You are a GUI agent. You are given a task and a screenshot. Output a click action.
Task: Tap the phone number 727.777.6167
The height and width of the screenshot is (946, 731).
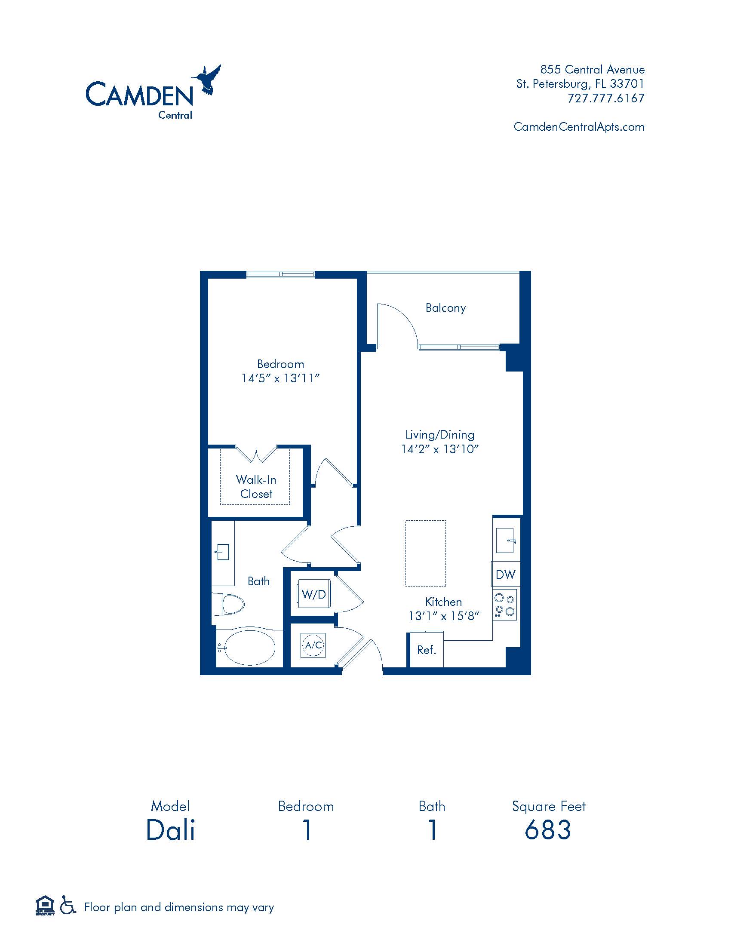point(606,98)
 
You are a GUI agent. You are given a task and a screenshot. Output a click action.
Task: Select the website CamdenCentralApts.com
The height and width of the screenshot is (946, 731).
point(579,127)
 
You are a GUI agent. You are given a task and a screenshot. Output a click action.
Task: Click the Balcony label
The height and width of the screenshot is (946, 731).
point(445,308)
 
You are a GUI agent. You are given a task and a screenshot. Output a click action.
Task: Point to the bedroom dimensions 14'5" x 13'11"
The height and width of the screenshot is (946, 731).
point(280,378)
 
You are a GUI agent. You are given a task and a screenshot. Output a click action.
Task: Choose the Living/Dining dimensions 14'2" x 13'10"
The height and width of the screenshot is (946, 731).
point(439,449)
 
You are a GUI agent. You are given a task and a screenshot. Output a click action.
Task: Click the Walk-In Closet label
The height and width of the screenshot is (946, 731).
point(256,486)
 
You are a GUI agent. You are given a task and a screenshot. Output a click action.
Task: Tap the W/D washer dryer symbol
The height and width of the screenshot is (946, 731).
point(314,594)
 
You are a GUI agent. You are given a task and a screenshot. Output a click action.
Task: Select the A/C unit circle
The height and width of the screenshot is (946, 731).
point(313,645)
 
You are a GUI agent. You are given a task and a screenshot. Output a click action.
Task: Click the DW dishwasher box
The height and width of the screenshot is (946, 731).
point(505,574)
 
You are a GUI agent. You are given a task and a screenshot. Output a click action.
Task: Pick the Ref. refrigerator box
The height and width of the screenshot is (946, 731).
point(427,650)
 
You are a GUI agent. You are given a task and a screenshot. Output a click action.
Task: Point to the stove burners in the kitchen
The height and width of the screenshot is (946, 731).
point(505,604)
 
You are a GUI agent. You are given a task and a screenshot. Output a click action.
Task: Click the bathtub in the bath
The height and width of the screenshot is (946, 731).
point(250,648)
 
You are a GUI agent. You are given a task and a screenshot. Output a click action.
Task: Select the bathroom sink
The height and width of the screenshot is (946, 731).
point(223,552)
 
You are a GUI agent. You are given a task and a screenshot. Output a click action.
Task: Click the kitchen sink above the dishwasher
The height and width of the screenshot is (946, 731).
point(505,541)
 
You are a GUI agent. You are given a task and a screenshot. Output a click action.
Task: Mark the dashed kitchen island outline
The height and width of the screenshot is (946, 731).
point(425,553)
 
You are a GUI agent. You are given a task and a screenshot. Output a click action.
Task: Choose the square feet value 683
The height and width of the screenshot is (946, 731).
point(548,830)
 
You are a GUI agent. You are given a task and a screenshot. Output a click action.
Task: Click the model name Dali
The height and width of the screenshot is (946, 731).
point(171,830)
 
